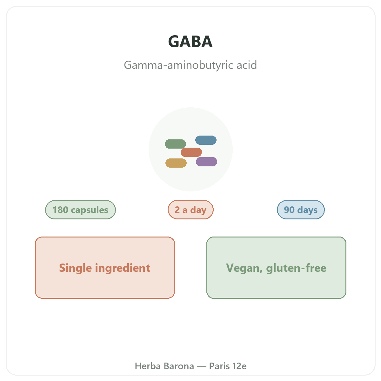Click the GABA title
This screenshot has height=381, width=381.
coord(190,42)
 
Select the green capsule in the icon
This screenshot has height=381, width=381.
coord(175,144)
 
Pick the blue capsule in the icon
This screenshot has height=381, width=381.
coord(206,140)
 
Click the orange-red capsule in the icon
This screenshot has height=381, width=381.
coord(191,152)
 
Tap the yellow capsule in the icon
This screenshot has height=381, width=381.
coord(176,163)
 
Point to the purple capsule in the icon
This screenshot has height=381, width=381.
coord(206,162)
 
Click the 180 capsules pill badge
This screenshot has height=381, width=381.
coord(80,210)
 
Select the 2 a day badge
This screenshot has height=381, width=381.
coord(190,210)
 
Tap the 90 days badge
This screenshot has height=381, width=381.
coord(301,210)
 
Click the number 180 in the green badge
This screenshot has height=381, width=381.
coord(60,210)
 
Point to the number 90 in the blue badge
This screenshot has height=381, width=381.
coord(289,210)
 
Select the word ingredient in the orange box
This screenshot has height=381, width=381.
coord(123,268)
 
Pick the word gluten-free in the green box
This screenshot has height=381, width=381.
coord(296,268)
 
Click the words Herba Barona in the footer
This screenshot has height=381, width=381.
coord(164,366)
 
